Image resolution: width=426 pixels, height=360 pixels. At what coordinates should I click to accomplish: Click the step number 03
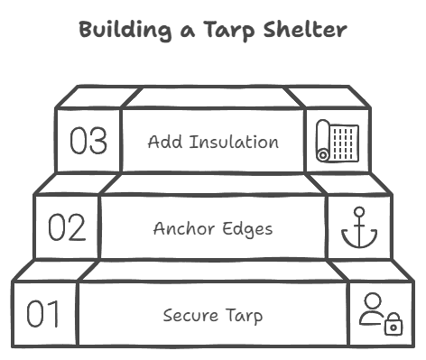pos(88,142)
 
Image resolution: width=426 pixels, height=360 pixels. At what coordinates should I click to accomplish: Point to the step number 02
pos(67,228)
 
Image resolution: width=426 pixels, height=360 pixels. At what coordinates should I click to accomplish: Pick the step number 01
pos(44,315)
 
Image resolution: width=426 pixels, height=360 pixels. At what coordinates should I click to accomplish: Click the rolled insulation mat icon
pos(337,141)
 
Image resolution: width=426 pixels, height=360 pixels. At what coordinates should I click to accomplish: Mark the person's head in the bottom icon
pos(373,301)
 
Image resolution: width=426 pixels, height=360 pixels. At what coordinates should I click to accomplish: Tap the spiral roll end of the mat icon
pos(322,155)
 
